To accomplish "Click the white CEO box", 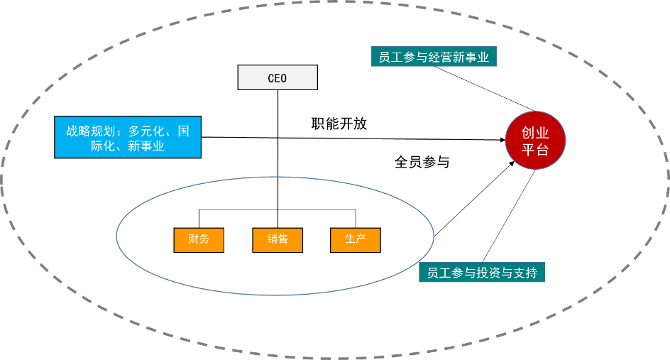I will (x=278, y=77).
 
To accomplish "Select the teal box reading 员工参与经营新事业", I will (x=434, y=57).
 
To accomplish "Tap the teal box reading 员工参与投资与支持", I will (x=482, y=272).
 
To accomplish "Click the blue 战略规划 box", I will (x=128, y=137).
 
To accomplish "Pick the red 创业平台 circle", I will (x=535, y=141).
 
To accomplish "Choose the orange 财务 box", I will (x=199, y=240).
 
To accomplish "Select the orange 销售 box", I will (x=278, y=240).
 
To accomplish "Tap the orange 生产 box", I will (x=355, y=240).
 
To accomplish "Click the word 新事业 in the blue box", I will (x=146, y=146).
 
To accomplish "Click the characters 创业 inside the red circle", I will (x=535, y=133).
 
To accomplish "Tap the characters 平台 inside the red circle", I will (x=535, y=150).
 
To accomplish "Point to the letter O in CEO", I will (x=283, y=78).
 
